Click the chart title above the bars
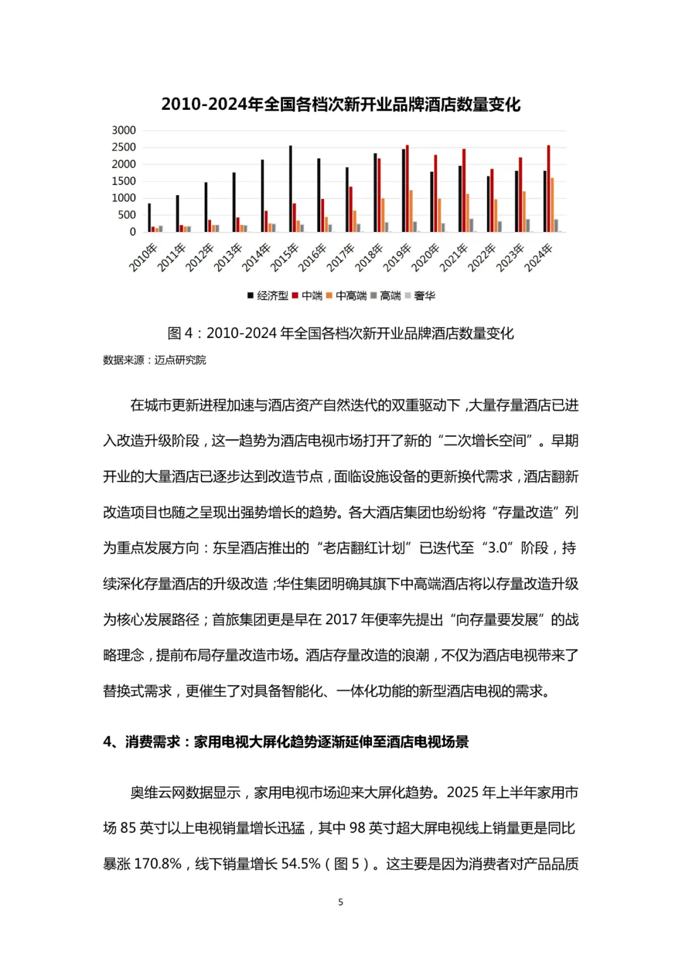tap(340, 104)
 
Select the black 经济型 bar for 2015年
tap(290, 189)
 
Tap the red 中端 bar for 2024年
tap(548, 189)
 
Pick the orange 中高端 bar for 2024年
tap(552, 205)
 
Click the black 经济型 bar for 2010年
tap(150, 217)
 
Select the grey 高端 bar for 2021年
tap(471, 226)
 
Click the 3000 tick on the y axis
tap(124, 130)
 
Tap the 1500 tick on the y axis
tap(124, 181)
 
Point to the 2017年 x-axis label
tap(342, 257)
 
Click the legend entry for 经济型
tap(268, 296)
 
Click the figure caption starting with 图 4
tap(340, 333)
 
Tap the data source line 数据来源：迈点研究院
tap(155, 360)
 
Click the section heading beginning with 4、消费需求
tap(286, 742)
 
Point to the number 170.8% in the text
tap(158, 864)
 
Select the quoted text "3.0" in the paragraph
tap(498, 548)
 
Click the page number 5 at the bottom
tap(340, 902)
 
